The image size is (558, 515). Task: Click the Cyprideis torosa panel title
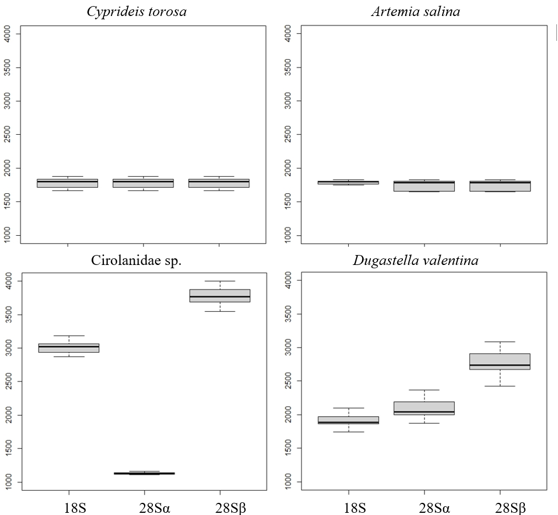tap(137, 12)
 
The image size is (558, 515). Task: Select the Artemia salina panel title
tap(415, 12)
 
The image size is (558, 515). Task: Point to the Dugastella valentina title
tap(416, 261)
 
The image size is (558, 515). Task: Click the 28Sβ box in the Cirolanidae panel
tap(220, 295)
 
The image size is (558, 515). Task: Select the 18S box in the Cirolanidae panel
tap(69, 348)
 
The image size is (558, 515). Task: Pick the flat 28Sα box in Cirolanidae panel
tap(144, 473)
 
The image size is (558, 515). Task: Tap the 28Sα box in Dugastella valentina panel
tap(424, 408)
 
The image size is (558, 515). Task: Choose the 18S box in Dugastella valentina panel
tap(348, 420)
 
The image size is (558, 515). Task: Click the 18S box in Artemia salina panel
tap(348, 182)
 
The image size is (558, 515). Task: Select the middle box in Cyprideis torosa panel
tap(144, 183)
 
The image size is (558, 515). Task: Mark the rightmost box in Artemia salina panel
tap(499, 185)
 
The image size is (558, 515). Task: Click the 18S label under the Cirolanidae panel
tap(69, 507)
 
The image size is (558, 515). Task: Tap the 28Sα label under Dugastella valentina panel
tap(424, 507)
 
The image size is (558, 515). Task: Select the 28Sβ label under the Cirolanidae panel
tap(220, 507)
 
